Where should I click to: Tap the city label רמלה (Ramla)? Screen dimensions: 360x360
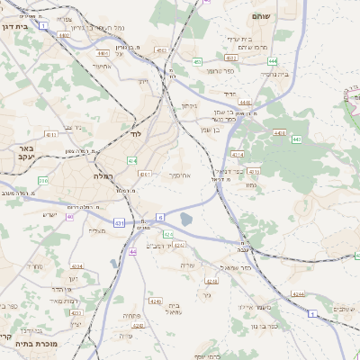102,176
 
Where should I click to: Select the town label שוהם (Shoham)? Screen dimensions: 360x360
262,16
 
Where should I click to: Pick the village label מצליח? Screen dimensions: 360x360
96,231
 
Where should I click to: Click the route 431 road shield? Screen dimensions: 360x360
120,221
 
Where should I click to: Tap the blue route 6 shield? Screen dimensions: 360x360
159,217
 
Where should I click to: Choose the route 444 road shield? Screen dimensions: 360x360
271,61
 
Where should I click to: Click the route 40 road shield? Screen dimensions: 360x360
70,216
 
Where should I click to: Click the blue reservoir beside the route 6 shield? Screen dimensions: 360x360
185,219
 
